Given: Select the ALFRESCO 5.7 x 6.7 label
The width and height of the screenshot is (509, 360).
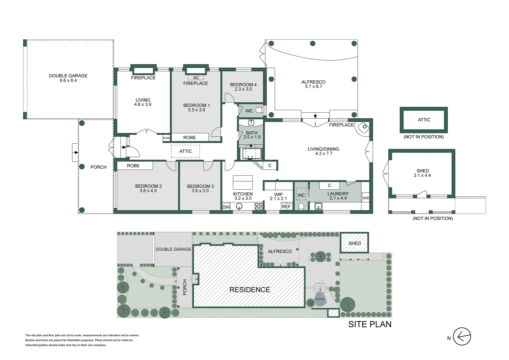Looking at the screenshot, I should pos(313,84).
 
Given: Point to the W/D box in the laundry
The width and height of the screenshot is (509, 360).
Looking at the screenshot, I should pos(366,198).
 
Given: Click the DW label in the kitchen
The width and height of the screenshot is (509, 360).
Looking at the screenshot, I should pos(226,207).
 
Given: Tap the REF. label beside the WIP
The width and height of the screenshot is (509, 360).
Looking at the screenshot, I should pos(286,207).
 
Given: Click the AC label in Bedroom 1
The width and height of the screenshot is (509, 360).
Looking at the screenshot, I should pos(196,78).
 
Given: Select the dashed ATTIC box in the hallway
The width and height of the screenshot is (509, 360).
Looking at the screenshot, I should pos(186,151).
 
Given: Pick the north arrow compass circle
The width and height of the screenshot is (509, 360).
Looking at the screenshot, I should pos(462,336).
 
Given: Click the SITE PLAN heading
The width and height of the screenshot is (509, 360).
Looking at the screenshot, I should pos(370,324).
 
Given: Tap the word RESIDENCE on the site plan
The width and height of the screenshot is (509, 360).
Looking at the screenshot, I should pos(250,290).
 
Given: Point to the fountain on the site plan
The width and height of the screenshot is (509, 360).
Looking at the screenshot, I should pos(320,299).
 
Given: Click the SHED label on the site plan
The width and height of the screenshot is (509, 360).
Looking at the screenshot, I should pos(354,243).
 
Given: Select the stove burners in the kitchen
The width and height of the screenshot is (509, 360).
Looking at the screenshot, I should pos(259,206).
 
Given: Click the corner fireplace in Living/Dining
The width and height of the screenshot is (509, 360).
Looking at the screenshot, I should pos(363,128).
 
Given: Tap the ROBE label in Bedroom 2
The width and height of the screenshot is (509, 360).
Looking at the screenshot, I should pos(133,166).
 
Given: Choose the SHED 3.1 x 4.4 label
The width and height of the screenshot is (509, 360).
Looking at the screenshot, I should pos(422,173).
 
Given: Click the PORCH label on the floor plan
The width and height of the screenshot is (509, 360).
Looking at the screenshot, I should pos(99,167).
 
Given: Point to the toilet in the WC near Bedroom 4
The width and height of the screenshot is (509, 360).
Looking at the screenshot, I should pos(260,110).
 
